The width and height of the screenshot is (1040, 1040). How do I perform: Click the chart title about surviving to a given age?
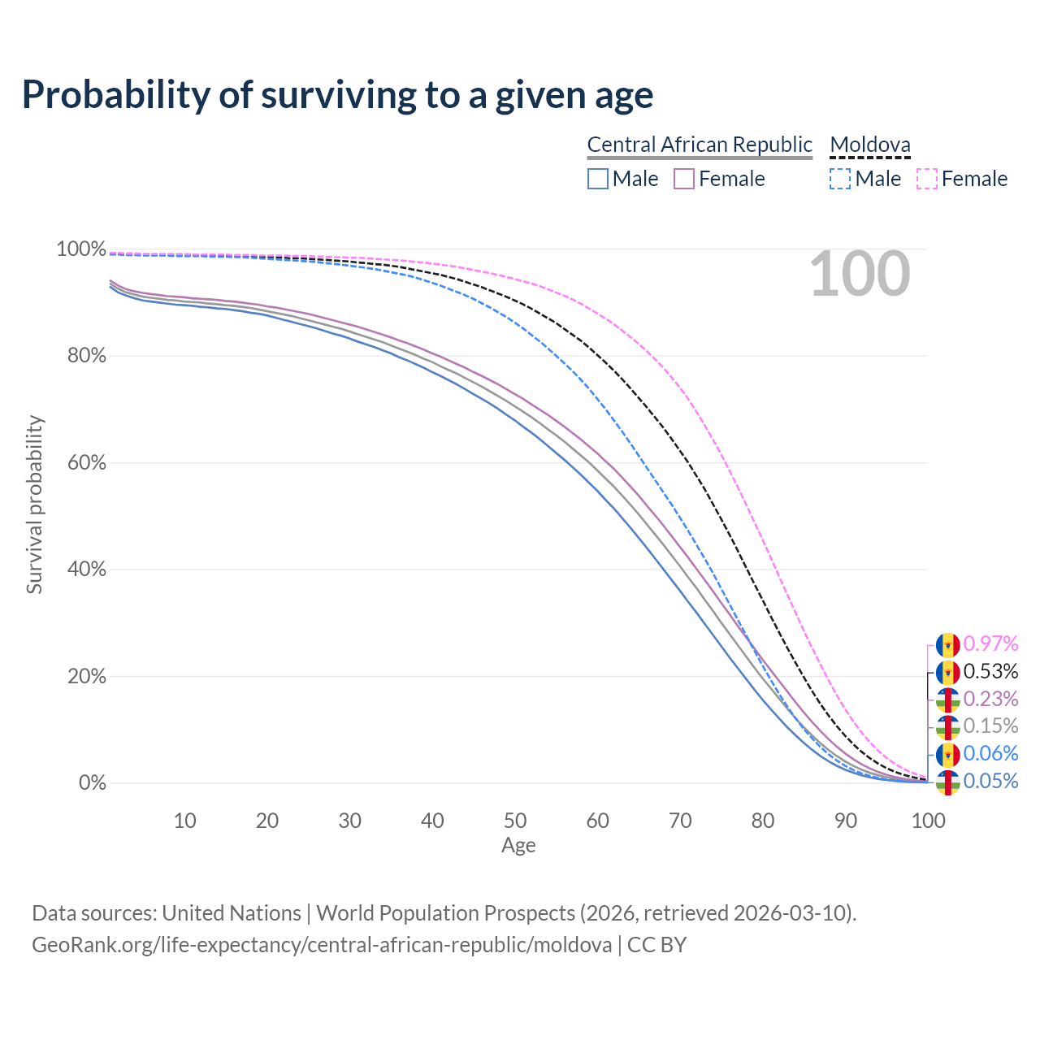pos(337,94)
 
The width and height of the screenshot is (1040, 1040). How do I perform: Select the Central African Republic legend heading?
pos(700,145)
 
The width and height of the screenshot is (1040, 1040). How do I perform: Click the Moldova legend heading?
pos(870,145)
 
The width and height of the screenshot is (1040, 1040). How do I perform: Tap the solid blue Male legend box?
pos(598,179)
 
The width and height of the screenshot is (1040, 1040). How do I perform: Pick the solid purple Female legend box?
pos(684,179)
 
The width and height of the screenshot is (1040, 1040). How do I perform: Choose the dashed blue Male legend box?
pos(840,179)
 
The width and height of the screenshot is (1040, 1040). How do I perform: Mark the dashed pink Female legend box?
pos(927,179)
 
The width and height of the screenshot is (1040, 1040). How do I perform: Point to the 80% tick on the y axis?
pos(81,356)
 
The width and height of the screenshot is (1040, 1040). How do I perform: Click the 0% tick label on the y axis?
pos(92,783)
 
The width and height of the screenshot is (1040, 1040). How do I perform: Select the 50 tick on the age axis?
pos(515,821)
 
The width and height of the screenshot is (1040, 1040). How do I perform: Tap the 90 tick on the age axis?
pos(846,821)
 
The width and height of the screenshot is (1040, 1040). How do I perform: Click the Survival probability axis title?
pos(34,505)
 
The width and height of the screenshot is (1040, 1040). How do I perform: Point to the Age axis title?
pos(518,846)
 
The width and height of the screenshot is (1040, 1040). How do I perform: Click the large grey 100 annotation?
pos(860,275)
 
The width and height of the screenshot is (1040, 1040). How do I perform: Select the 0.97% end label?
pos(990,643)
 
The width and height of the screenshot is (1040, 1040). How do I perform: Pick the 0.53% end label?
pos(990,671)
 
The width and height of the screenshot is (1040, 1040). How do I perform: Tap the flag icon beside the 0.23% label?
pos(948,700)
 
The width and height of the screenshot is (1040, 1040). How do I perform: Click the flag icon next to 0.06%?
pos(948,755)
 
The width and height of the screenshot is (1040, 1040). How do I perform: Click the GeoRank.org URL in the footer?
pos(322,945)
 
